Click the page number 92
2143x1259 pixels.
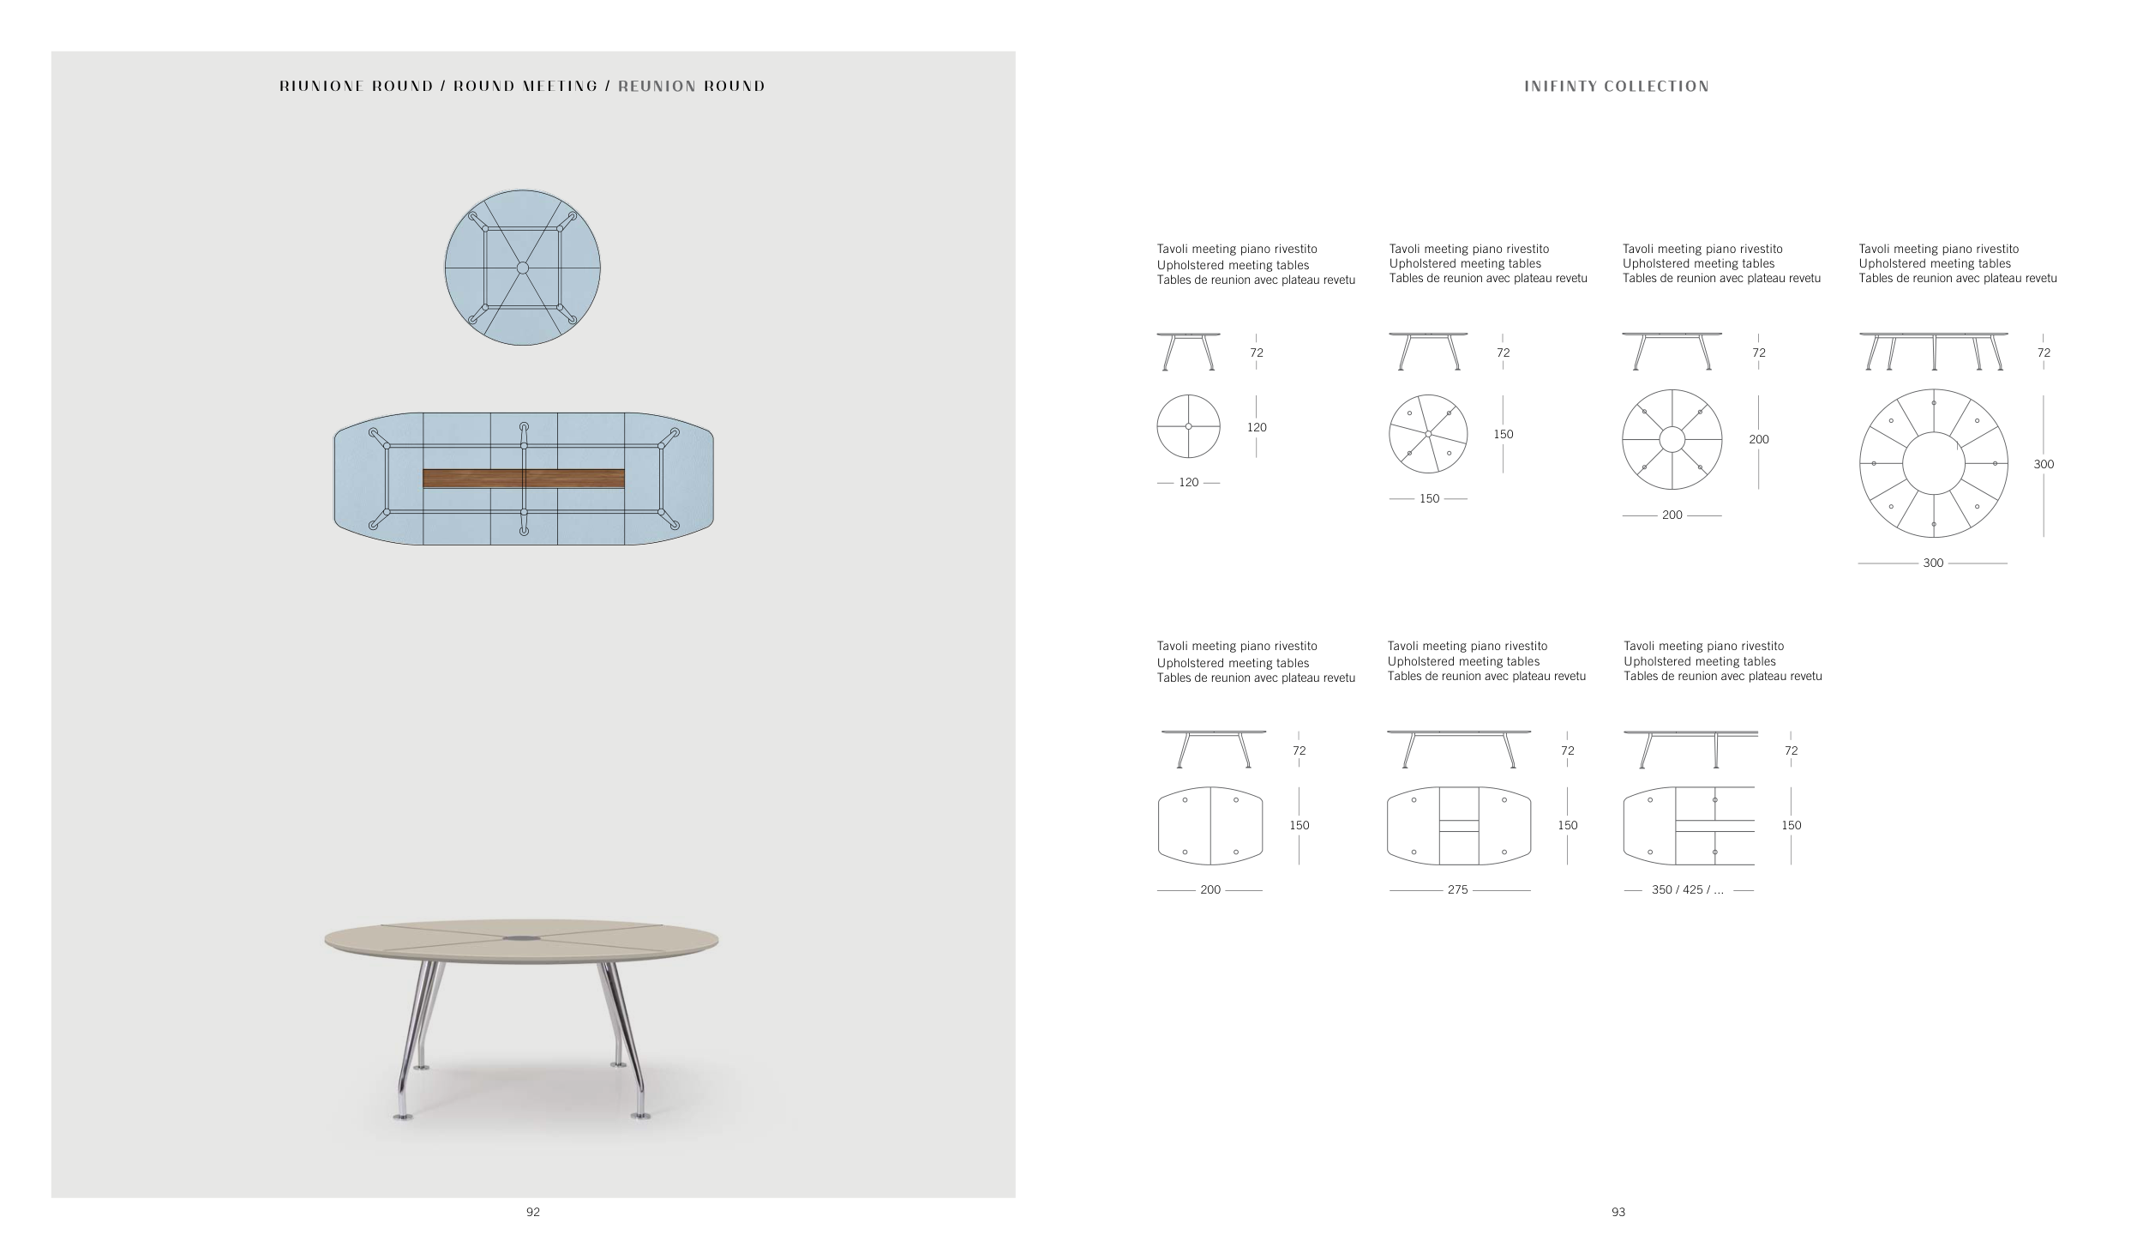coord(533,1212)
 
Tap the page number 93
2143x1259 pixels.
coord(1618,1212)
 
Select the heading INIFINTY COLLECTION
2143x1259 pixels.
coord(1617,87)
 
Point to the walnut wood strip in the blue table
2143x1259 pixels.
coord(523,479)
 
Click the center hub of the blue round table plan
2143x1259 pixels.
coord(523,268)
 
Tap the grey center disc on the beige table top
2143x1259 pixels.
coord(522,939)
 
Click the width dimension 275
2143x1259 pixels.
coord(1458,890)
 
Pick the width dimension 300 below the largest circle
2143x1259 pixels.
coord(1933,563)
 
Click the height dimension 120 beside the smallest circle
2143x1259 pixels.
coord(1257,427)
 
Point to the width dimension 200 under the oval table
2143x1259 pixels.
coord(1210,890)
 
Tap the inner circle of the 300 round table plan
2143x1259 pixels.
coord(1933,463)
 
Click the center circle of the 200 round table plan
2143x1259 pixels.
coord(1672,439)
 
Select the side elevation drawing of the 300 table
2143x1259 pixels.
coord(1933,352)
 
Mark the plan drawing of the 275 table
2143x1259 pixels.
coord(1458,825)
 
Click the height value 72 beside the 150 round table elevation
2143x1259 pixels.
coord(1504,352)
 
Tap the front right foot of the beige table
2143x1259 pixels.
coord(639,1114)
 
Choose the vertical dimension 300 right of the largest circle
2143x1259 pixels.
coord(2044,464)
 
